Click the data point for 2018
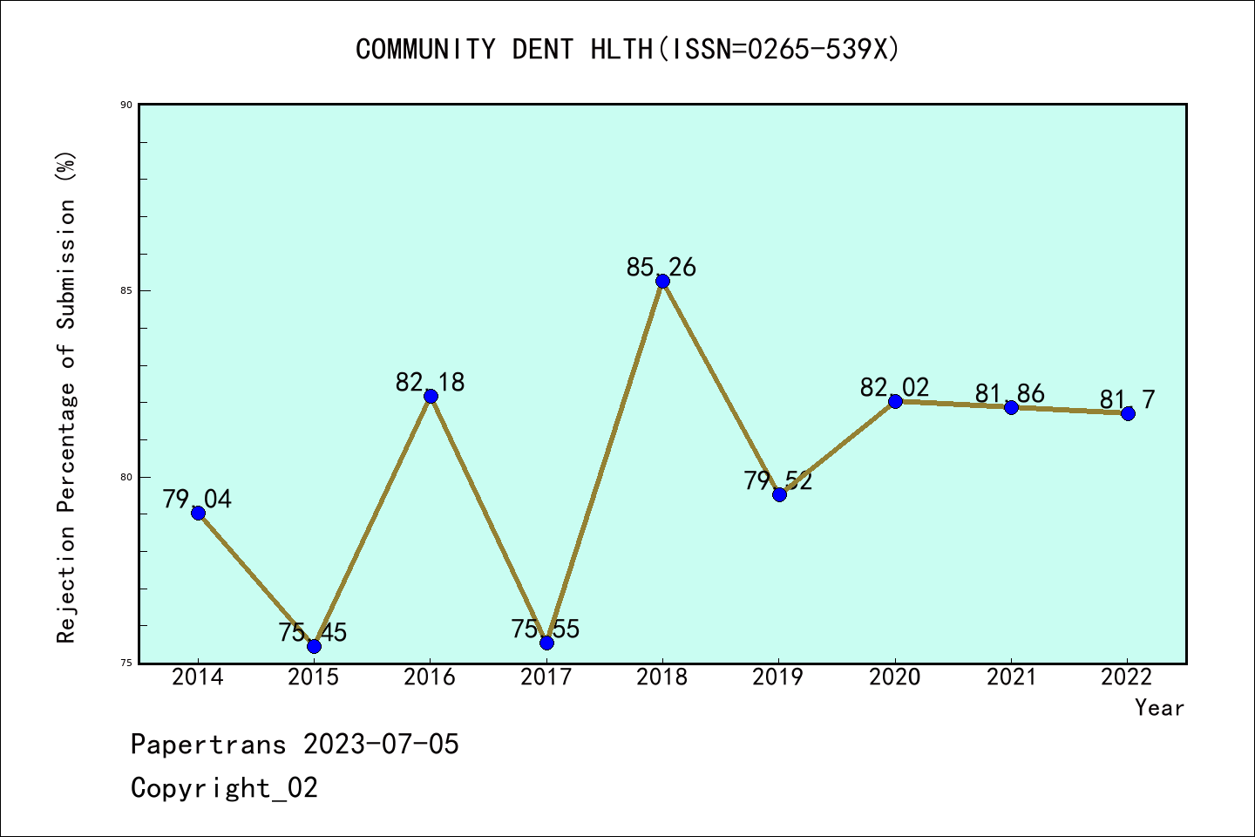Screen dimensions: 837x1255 (662, 281)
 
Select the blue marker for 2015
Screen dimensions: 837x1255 (314, 646)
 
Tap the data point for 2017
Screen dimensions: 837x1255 (546, 643)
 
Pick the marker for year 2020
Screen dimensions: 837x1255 (895, 401)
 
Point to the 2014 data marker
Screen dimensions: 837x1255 (198, 513)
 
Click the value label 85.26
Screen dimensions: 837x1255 (661, 268)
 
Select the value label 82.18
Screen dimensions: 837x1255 (430, 383)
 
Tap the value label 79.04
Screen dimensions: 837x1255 (197, 500)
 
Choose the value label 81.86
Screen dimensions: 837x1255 (1009, 394)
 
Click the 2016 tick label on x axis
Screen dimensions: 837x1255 (430, 677)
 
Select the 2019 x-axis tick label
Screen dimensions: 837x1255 (778, 677)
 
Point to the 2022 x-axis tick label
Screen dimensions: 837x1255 (1127, 677)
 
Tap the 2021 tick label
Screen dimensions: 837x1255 (1011, 677)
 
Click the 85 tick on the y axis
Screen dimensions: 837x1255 (126, 291)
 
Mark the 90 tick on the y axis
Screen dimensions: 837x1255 (126, 105)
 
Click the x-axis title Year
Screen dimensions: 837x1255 (1159, 708)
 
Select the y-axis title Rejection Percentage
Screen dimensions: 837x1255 (67, 397)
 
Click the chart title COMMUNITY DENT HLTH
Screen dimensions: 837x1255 (627, 49)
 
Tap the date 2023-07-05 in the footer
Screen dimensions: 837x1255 (381, 745)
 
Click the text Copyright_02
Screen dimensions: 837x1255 (224, 788)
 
